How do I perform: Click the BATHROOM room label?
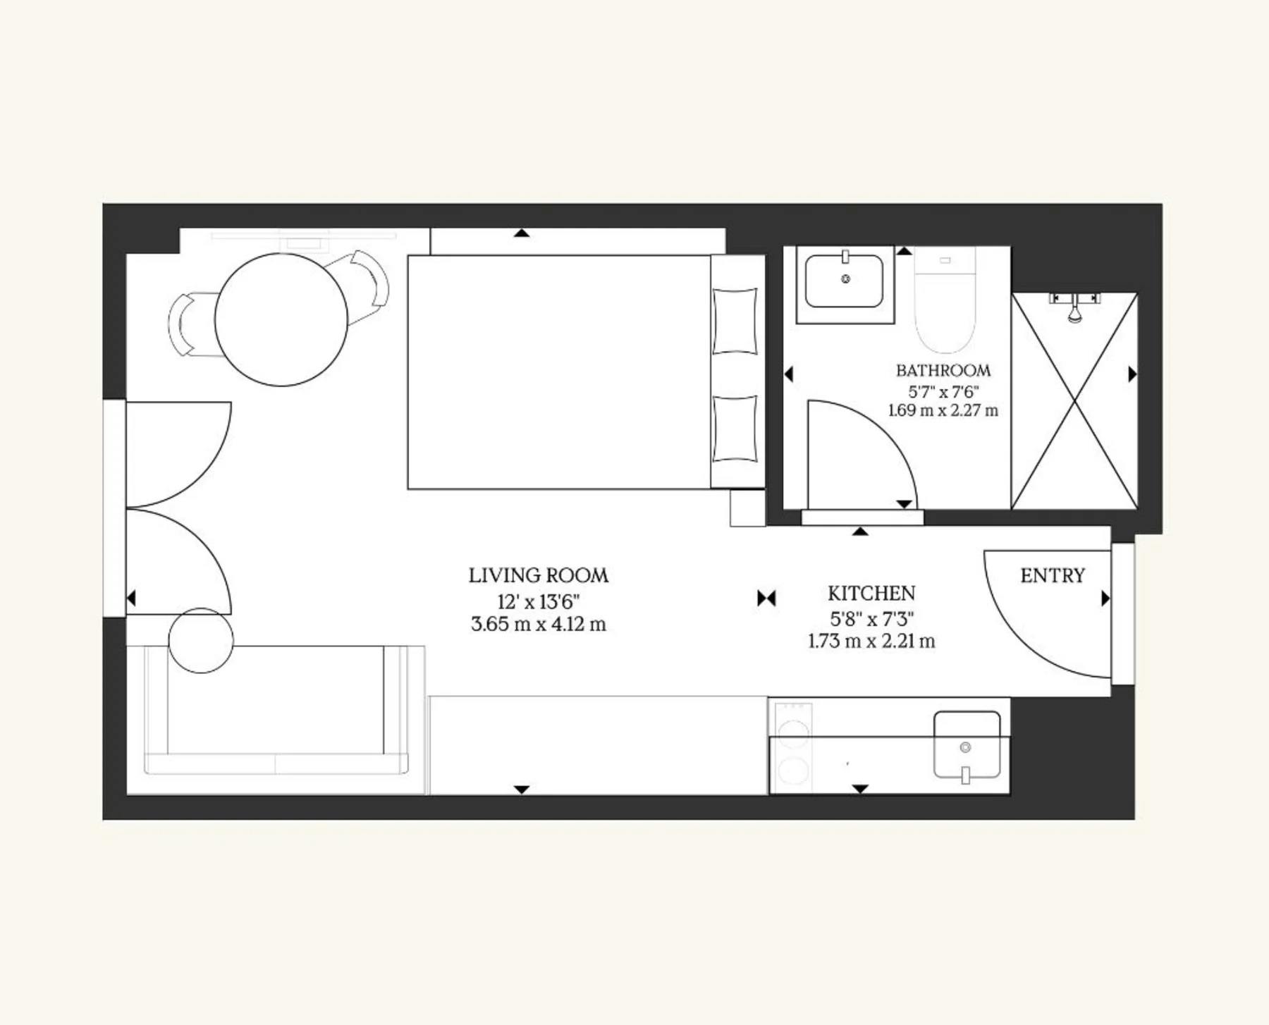[943, 370]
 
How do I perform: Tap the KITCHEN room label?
[871, 593]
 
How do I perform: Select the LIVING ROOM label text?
[539, 575]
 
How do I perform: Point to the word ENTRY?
[1053, 576]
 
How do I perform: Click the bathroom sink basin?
[845, 281]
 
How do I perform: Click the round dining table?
[281, 319]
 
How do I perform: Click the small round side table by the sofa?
[201, 640]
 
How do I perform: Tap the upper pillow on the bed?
[735, 321]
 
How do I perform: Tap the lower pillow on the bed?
[735, 429]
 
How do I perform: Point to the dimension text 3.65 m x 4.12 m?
[539, 625]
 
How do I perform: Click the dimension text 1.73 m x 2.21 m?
[871, 642]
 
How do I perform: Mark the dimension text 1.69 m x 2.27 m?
[943, 410]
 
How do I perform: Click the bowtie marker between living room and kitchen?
[766, 599]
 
